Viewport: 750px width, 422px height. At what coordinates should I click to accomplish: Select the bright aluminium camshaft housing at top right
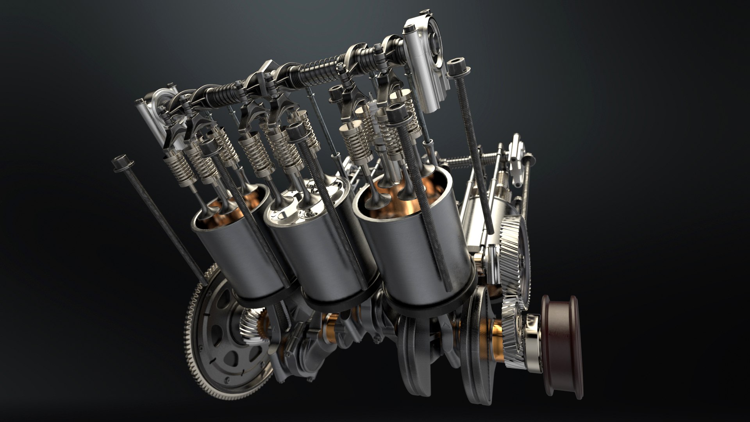click(426, 63)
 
